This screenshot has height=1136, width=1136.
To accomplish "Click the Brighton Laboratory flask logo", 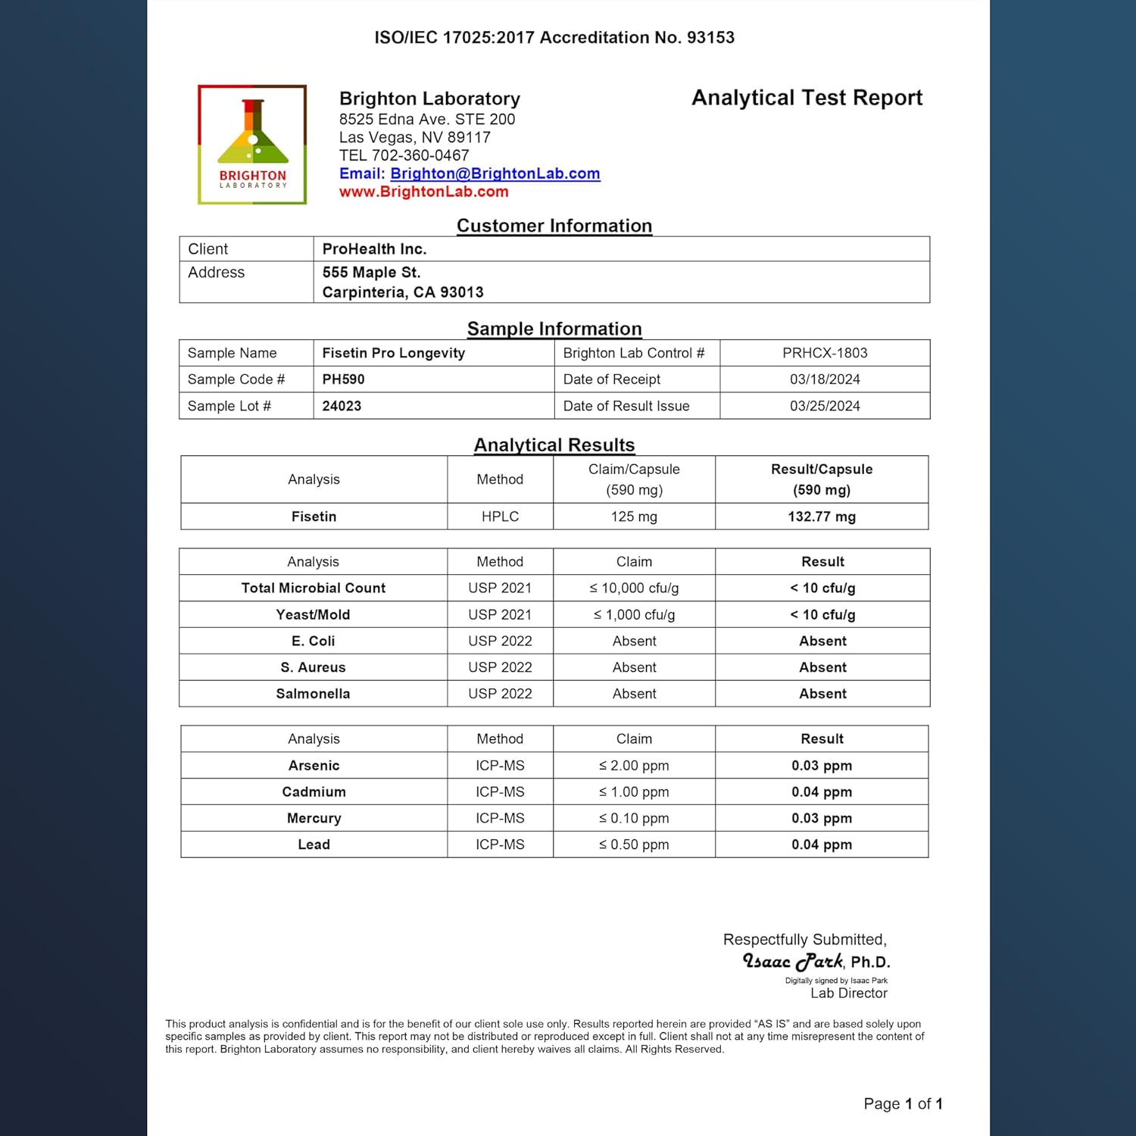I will [x=252, y=144].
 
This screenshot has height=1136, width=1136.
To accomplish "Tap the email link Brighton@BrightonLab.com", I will [x=495, y=173].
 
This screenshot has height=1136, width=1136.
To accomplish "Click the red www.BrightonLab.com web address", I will [x=423, y=192].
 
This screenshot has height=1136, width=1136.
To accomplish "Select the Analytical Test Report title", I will [x=807, y=98].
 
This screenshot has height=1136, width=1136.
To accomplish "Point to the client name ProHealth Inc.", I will [x=374, y=249].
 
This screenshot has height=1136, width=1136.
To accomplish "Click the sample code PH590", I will [x=343, y=379].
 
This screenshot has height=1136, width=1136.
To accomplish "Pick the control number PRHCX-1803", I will [x=825, y=353].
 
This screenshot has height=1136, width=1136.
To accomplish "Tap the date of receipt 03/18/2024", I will [x=825, y=379].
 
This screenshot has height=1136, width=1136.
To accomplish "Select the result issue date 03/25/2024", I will [x=825, y=406].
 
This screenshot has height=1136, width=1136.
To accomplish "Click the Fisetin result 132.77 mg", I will [x=822, y=517].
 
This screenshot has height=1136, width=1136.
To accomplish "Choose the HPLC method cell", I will [x=500, y=517].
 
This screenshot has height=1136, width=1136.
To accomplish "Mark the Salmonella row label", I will [x=313, y=694].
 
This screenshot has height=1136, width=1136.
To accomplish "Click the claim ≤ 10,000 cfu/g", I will [x=634, y=588].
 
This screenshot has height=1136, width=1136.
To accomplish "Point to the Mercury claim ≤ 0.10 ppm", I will [x=634, y=818].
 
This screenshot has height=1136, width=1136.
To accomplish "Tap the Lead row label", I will [x=314, y=844].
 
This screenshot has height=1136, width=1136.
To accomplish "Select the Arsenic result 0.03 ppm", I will [x=822, y=766].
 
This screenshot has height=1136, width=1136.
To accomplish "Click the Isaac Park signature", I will [x=793, y=961].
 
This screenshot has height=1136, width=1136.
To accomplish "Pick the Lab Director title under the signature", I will [x=848, y=993].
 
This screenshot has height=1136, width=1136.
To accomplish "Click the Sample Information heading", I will [x=554, y=329].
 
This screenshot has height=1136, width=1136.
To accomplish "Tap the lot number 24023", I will [x=342, y=406].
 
